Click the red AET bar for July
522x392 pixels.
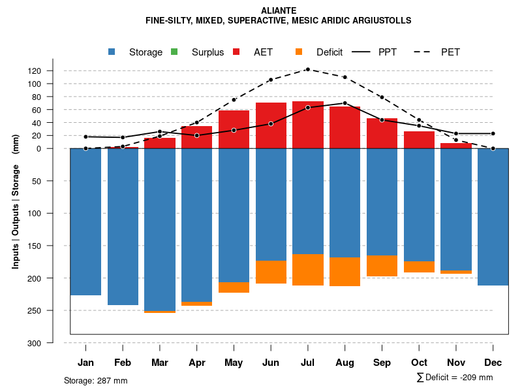(308, 125)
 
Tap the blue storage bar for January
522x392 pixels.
(85, 222)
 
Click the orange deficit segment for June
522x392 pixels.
(271, 272)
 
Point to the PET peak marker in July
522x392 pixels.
(307, 69)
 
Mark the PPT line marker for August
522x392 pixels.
(345, 103)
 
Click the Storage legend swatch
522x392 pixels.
(112, 52)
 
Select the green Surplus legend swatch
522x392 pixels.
(174, 52)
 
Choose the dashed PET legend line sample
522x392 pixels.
(425, 52)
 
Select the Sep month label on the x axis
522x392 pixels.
(382, 363)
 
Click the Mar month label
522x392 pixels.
(160, 363)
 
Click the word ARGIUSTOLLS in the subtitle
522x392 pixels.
(381, 21)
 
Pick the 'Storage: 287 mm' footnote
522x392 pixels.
(96, 380)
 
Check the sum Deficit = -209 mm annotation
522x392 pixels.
(454, 378)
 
